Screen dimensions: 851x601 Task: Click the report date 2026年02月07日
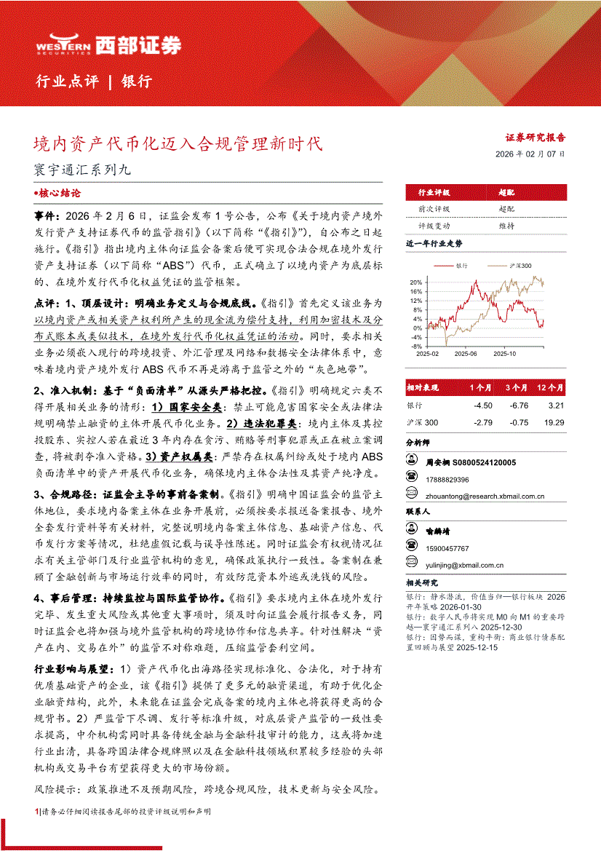[x=530, y=154]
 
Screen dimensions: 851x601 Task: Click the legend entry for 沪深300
[x=518, y=266]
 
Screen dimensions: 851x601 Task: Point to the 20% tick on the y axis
[x=415, y=282]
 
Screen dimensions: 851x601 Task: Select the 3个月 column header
[x=519, y=387]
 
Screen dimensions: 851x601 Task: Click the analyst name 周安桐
[x=439, y=462]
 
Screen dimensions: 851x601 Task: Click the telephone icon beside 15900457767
[x=413, y=548]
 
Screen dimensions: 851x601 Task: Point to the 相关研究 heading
[x=422, y=582]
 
